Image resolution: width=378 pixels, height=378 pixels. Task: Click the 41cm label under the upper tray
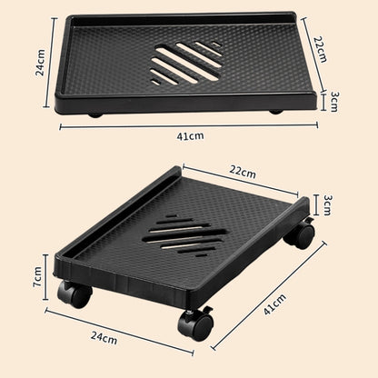tap(189, 135)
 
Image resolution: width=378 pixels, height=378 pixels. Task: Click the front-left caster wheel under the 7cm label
tap(74, 294)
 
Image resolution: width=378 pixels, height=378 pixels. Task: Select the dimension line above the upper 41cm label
tap(189, 125)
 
